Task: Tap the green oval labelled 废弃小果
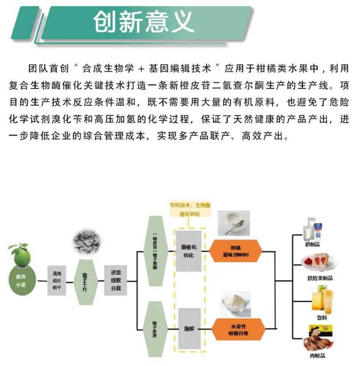(x=21, y=281)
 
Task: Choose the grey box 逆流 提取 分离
(x=116, y=280)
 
